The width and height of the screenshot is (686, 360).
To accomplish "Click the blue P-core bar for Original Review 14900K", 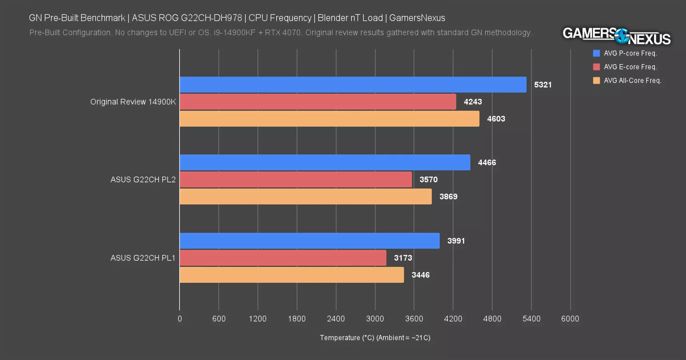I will (353, 85).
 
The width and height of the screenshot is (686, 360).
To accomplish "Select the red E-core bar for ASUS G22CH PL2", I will (295, 180).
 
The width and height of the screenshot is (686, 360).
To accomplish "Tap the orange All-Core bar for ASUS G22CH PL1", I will (291, 275).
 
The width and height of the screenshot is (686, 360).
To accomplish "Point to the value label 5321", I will (542, 85).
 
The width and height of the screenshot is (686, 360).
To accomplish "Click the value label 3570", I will (428, 180).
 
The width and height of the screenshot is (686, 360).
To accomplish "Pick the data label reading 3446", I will (421, 275).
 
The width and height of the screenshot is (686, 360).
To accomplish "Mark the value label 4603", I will (496, 119).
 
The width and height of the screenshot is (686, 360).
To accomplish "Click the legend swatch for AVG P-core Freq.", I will (596, 53).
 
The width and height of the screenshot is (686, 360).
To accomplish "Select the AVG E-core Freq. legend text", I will (630, 67).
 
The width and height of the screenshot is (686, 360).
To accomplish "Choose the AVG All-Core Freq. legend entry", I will (632, 80).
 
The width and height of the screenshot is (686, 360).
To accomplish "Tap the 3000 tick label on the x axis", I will (375, 319).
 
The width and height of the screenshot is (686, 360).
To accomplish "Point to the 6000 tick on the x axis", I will (570, 319).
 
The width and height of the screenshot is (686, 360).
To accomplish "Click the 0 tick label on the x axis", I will (179, 319).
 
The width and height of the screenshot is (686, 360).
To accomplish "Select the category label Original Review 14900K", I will (133, 102).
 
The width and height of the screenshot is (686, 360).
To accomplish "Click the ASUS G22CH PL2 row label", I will (143, 180).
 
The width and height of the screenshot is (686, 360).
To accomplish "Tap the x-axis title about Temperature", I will (375, 338).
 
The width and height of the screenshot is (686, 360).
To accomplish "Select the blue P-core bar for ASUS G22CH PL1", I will (309, 241).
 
